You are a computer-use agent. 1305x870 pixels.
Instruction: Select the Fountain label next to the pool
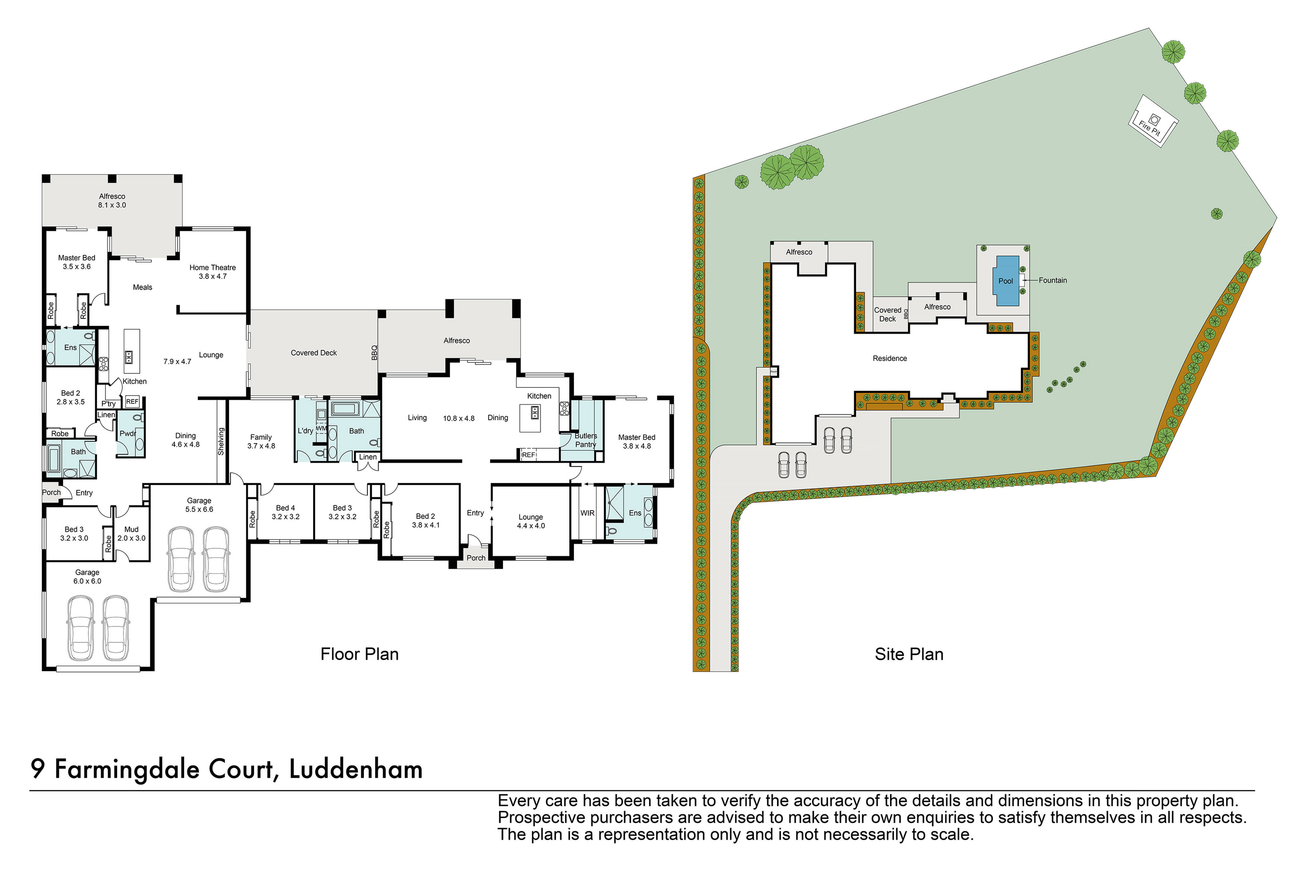pos(1052,280)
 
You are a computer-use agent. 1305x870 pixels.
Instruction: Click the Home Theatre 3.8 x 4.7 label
pos(213,271)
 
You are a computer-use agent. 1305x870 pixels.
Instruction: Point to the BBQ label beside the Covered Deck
pos(374,352)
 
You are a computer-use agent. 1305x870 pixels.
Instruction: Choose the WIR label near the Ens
pos(587,513)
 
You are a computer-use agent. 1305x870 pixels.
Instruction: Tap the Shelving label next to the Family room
pos(221,442)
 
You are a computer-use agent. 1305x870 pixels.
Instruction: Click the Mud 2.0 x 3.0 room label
pos(132,533)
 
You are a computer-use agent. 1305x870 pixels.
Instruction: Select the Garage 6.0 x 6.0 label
pos(87,577)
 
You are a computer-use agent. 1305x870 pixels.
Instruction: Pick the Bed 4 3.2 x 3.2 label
pos(285,512)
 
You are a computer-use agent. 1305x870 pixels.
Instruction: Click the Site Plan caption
pos(908,654)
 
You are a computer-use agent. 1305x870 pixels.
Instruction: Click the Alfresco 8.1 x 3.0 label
pos(112,200)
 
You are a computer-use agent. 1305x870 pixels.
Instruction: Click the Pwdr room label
pos(128,433)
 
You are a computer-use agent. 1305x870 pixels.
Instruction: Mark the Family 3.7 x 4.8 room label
pos(261,441)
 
